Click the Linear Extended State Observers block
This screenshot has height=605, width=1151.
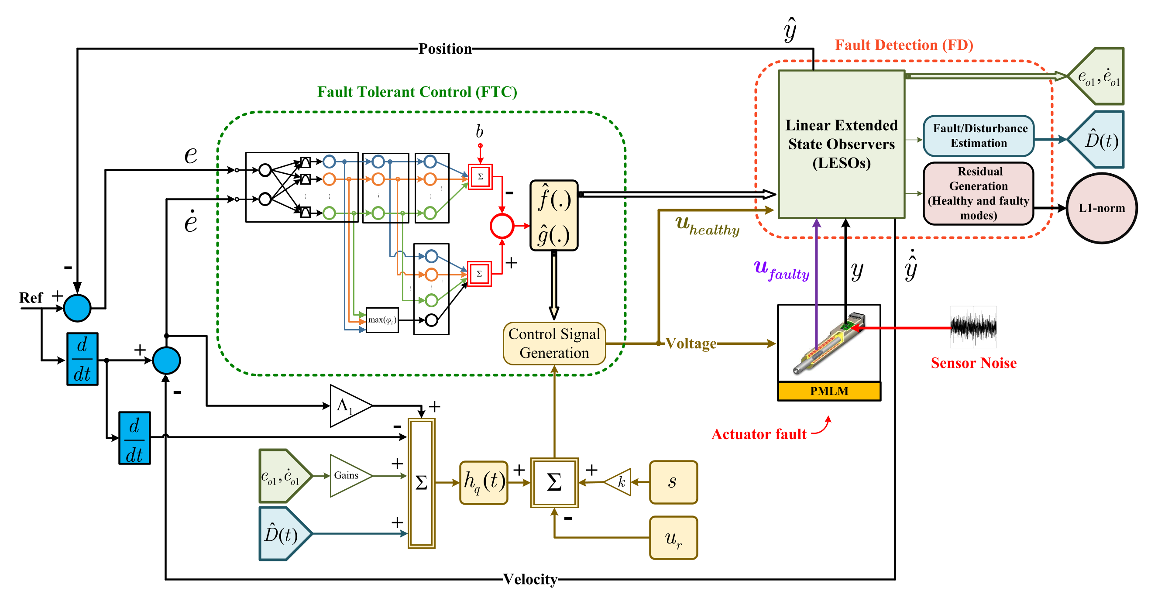[842, 144]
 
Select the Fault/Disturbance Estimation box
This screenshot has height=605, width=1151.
[979, 136]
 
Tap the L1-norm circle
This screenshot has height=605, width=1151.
[1101, 208]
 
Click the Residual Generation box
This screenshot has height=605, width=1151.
[979, 193]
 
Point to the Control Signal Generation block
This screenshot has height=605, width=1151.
[554, 344]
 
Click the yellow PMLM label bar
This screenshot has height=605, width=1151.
[829, 391]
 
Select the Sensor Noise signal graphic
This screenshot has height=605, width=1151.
[973, 327]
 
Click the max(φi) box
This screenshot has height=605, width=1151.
[382, 320]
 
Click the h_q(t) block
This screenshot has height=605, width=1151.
[484, 483]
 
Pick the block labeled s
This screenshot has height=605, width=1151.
[673, 482]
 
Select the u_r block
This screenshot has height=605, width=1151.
[673, 537]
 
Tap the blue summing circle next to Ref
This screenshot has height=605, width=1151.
[77, 308]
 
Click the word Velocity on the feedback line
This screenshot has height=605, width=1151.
[530, 579]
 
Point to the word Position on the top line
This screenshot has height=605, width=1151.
[445, 48]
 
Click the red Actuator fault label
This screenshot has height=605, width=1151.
[759, 434]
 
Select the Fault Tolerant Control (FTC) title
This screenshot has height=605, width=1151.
[417, 92]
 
